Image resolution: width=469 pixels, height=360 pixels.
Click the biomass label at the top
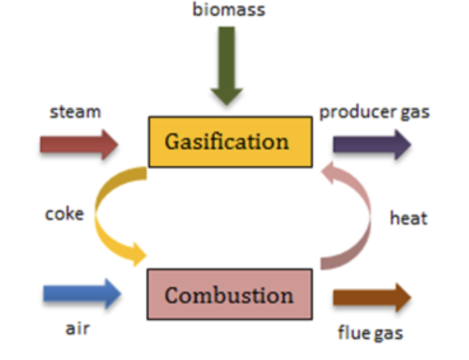click(x=229, y=10)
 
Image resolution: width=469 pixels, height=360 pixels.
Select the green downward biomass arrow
click(x=227, y=66)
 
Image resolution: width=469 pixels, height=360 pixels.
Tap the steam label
click(x=76, y=112)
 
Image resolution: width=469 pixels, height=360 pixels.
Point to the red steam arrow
click(x=79, y=145)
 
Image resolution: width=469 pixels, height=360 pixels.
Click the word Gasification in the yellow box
click(x=227, y=142)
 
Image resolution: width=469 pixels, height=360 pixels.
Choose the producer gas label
click(x=374, y=113)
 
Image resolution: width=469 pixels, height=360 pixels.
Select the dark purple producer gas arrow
click(x=372, y=145)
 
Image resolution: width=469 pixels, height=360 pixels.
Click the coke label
click(x=65, y=215)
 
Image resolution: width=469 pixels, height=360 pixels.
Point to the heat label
click(x=409, y=218)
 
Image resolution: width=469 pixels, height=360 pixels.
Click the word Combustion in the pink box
click(x=229, y=295)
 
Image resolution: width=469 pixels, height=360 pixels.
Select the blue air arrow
click(x=82, y=294)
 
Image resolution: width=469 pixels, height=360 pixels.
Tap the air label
click(x=78, y=329)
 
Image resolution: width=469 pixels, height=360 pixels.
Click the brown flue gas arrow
click(x=372, y=297)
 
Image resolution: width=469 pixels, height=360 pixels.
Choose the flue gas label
click(x=370, y=333)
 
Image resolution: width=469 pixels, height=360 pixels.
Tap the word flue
click(x=353, y=332)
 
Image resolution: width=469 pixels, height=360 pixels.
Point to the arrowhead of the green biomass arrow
click(x=227, y=97)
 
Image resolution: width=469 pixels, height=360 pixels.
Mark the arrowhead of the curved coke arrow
click(x=139, y=255)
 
